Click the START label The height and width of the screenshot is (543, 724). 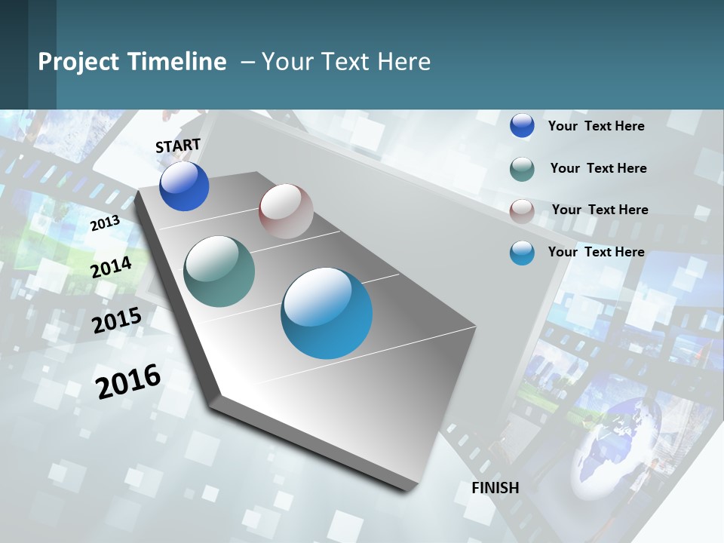tap(178, 146)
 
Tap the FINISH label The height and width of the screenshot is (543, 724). tap(495, 488)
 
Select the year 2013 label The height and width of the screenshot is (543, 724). tap(105, 223)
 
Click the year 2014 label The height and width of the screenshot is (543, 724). tap(112, 267)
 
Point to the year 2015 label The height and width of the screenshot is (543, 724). tap(117, 320)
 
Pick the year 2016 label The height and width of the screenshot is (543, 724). tap(128, 381)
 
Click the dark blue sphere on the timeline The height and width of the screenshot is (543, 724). tap(184, 186)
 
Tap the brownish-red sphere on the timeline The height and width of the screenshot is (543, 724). tap(286, 211)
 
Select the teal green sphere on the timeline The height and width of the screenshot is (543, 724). tap(219, 271)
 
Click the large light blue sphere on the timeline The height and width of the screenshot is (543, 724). tap(327, 313)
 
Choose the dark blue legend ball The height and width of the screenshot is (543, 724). tap(522, 125)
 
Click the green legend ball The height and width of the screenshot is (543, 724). tap(522, 169)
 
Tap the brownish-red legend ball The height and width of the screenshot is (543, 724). tap(522, 211)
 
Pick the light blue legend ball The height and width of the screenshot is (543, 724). tap(522, 253)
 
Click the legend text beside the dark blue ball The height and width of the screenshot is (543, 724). tap(596, 126)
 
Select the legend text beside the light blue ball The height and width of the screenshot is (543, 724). tap(596, 252)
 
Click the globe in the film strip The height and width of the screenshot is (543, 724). tap(618, 445)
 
